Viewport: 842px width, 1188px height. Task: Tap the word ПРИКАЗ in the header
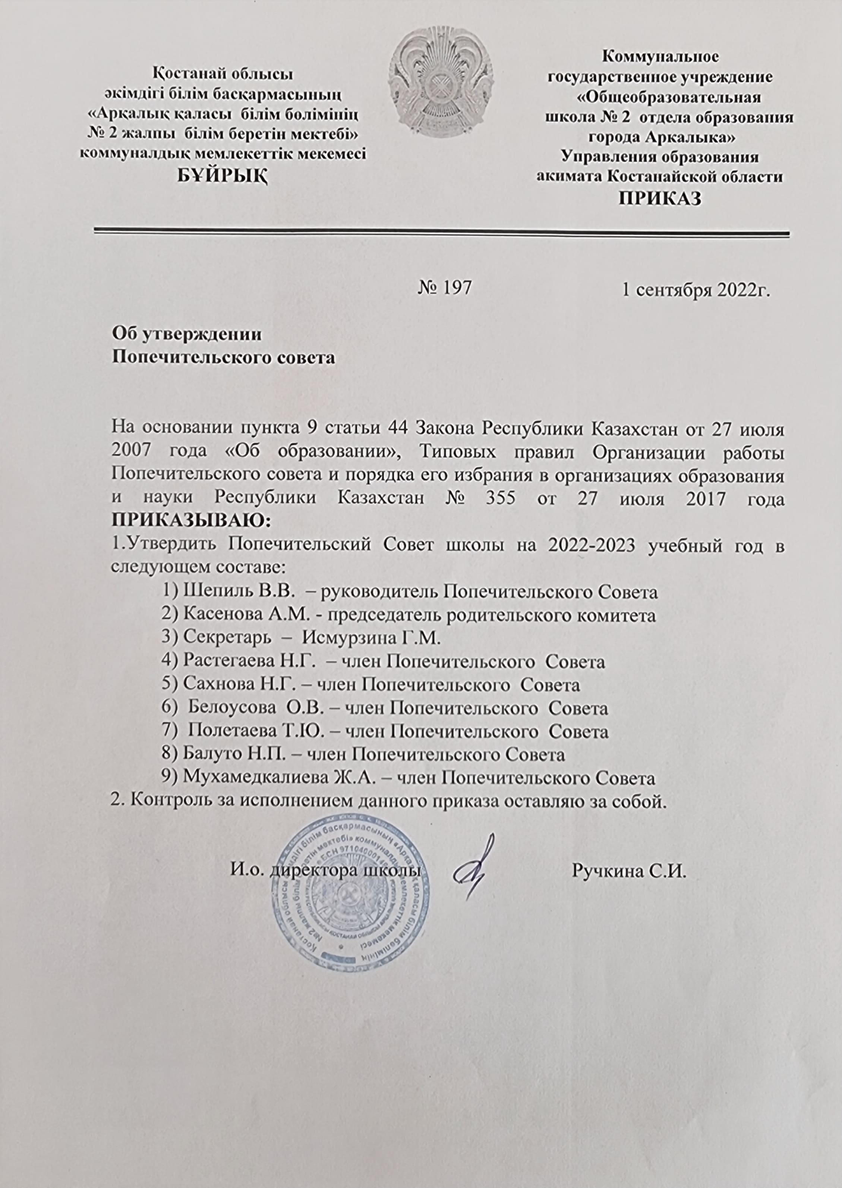click(x=660, y=199)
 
